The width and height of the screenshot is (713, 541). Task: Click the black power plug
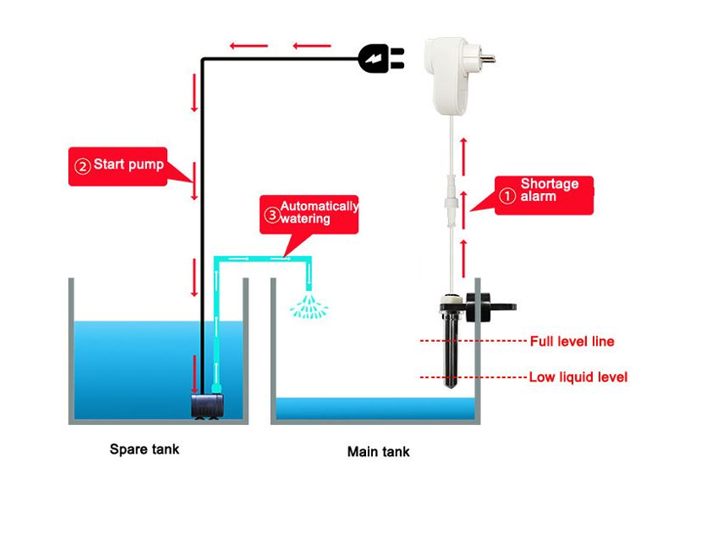(379, 59)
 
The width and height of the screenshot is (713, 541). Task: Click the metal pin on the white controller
(487, 61)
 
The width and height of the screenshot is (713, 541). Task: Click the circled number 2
(83, 166)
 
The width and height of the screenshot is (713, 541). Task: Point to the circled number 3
(273, 215)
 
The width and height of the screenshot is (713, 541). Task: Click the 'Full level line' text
(572, 342)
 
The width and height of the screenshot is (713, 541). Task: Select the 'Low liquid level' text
(578, 377)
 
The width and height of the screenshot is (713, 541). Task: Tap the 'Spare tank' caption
(145, 449)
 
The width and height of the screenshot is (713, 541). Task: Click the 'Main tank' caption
(378, 452)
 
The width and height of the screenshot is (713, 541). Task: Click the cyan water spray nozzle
(308, 306)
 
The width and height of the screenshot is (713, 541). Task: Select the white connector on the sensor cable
(450, 190)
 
